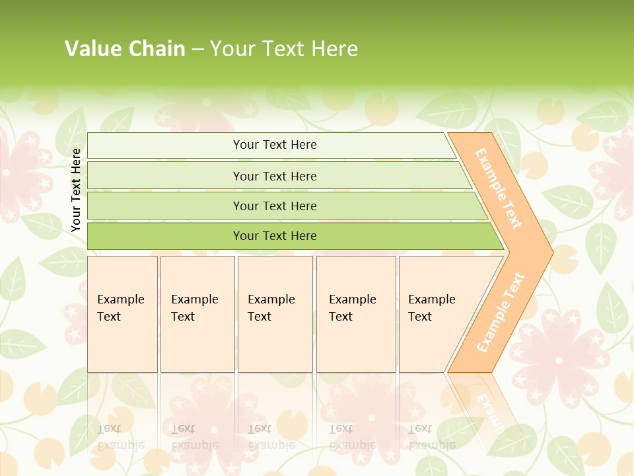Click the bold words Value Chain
[125, 48]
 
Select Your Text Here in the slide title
[284, 48]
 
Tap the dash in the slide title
[197, 49]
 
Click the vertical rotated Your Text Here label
[76, 190]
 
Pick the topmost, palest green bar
[271, 145]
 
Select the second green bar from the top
[277, 176]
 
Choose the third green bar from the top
[284, 206]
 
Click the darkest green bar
[291, 236]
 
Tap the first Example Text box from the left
[122, 314]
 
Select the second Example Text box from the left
[197, 314]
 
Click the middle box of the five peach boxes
[275, 314]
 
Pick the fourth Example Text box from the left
[356, 314]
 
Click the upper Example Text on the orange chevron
[499, 188]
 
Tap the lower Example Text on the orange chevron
[501, 313]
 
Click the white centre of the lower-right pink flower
[559, 360]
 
